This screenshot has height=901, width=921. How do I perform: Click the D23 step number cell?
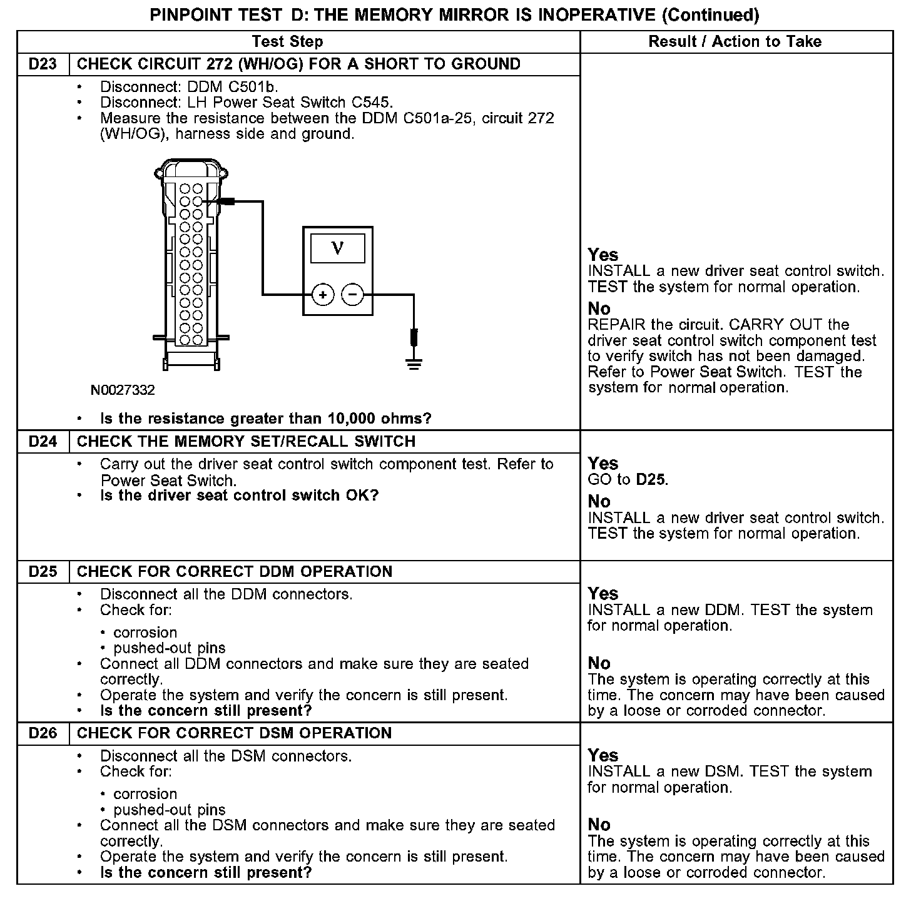(43, 64)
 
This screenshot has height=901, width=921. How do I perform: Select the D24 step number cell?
(43, 442)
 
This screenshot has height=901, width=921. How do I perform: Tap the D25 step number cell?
(43, 572)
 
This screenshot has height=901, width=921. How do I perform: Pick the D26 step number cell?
(43, 733)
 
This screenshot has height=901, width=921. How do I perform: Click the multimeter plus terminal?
(323, 294)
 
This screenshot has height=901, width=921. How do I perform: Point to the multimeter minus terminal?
(353, 294)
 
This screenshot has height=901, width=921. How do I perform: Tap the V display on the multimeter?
(338, 248)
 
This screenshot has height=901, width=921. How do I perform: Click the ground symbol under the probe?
(414, 362)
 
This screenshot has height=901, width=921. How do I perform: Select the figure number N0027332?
(123, 390)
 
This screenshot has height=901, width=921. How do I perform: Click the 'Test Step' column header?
(287, 42)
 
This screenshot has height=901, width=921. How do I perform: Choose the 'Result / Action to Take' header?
(735, 42)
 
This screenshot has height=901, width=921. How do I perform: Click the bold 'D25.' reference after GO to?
(652, 480)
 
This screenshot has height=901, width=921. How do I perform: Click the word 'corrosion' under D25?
(145, 633)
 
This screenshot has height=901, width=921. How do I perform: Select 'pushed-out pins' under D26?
(170, 810)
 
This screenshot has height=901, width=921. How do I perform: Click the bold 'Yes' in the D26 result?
(603, 755)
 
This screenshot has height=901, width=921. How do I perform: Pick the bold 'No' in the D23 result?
(599, 308)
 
